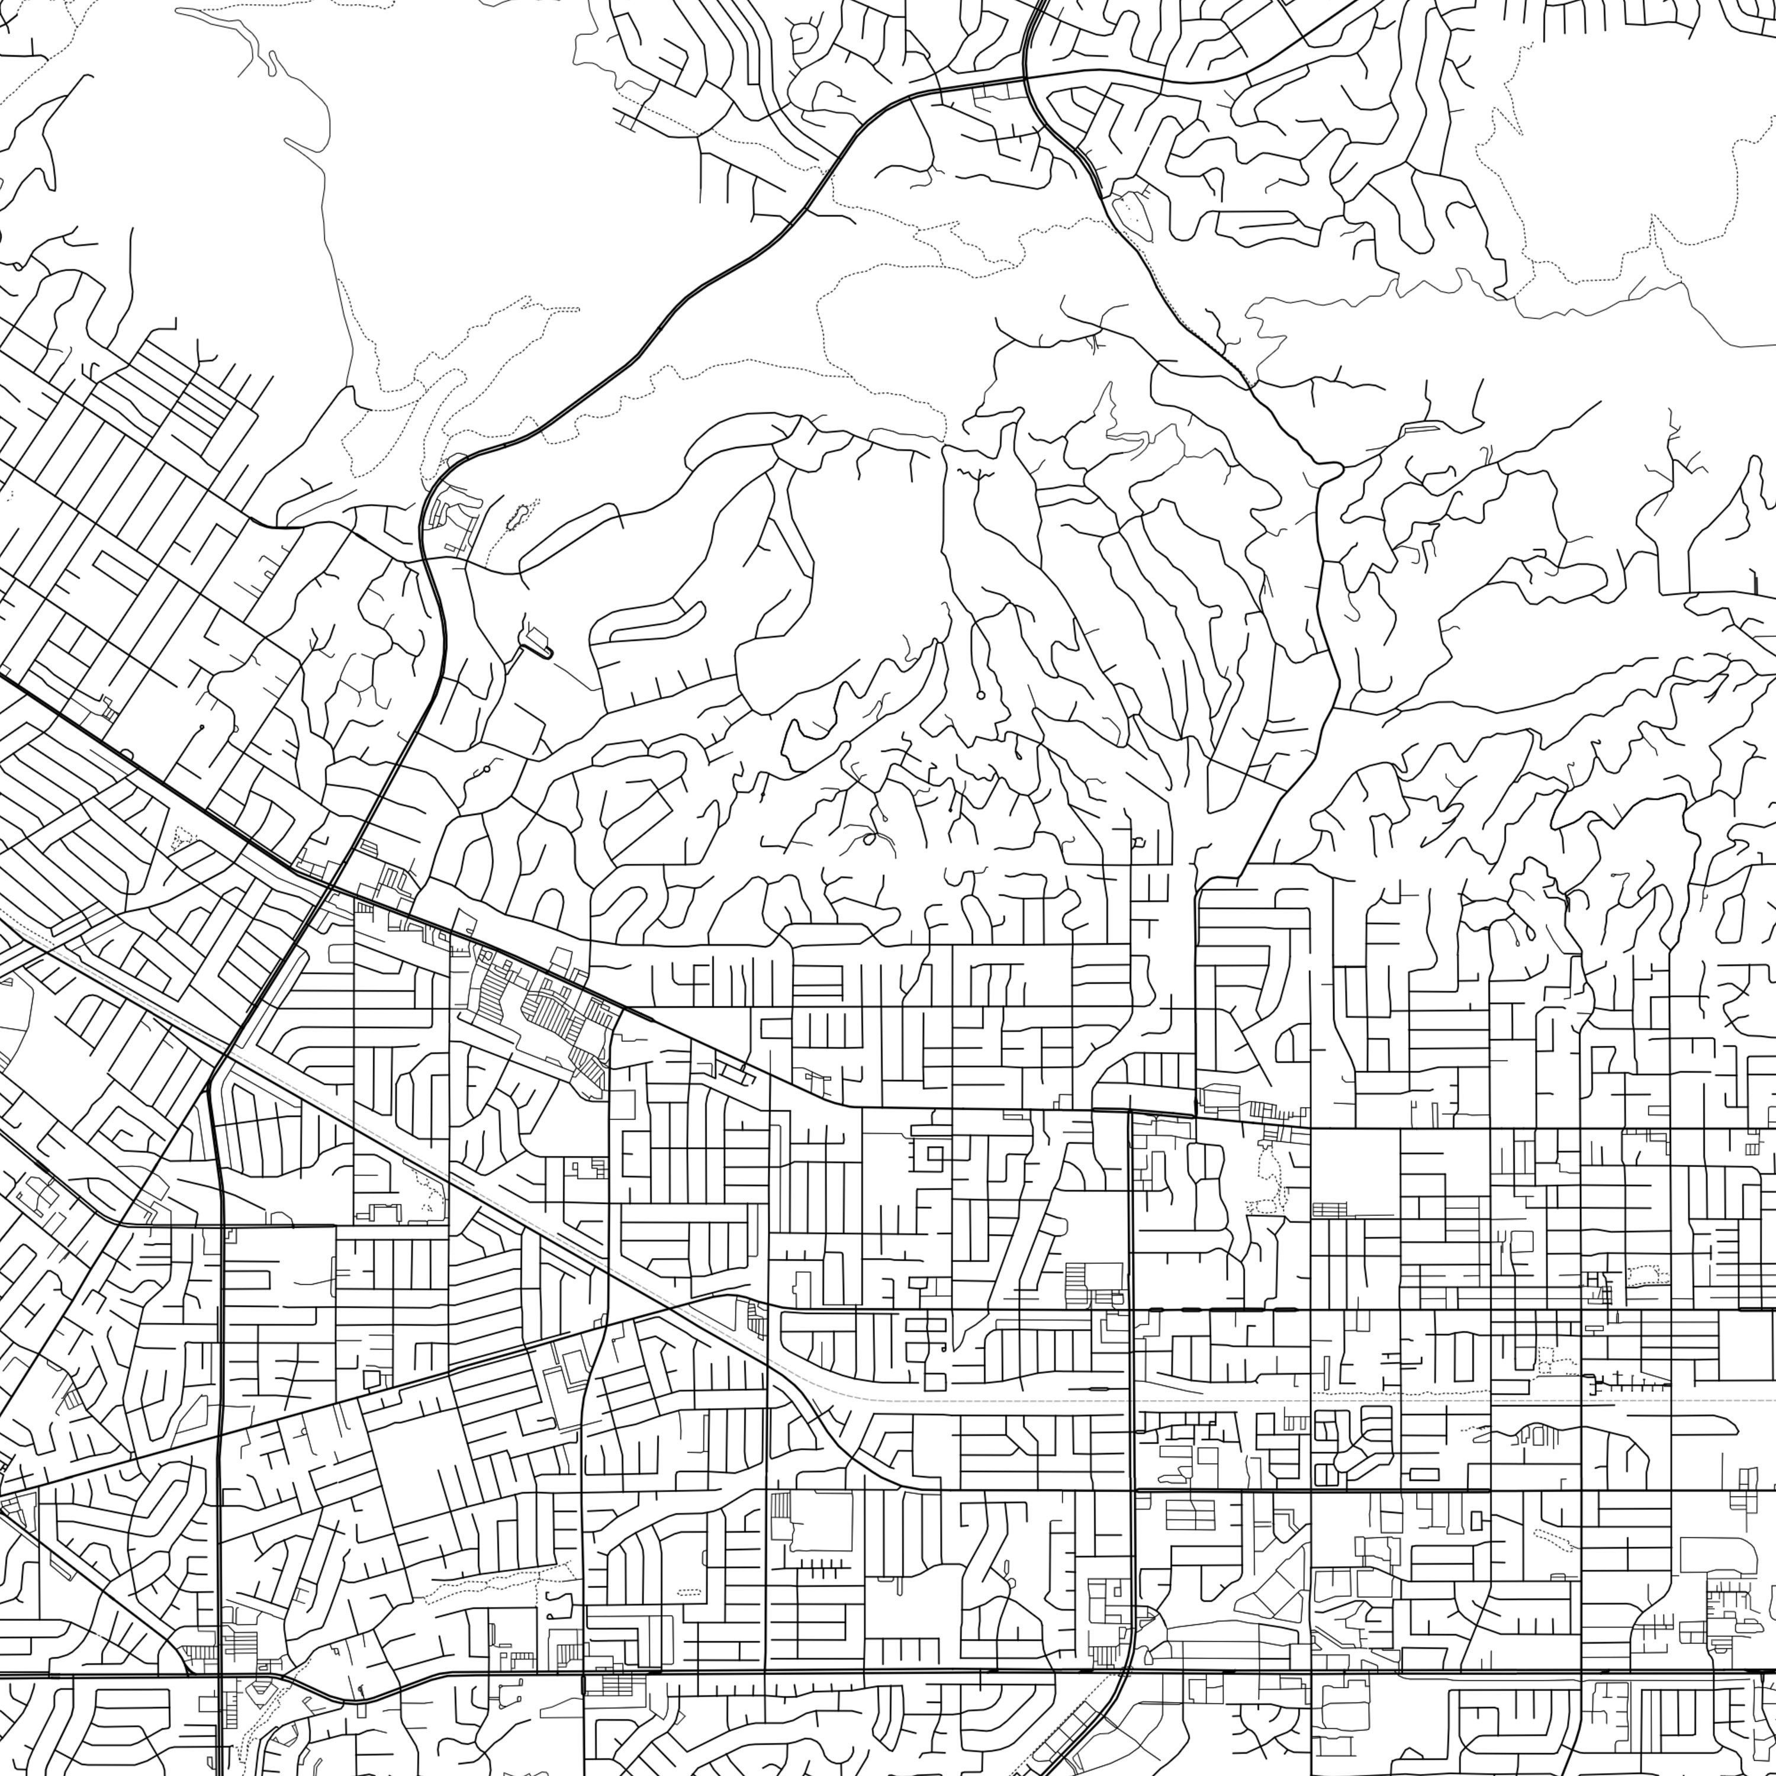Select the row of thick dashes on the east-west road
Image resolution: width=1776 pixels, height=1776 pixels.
click(x=1222, y=1308)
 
